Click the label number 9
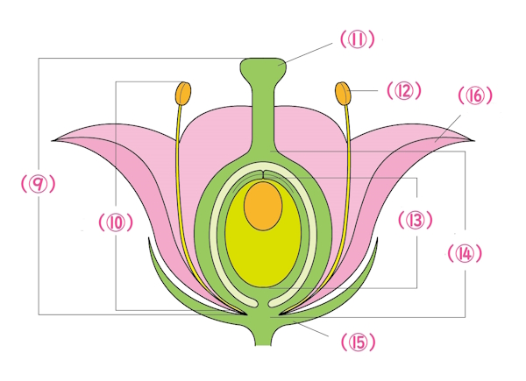38,185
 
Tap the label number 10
116,222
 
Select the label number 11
356,39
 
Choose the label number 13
414,219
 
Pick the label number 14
465,253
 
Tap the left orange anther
183,92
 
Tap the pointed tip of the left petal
54,139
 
